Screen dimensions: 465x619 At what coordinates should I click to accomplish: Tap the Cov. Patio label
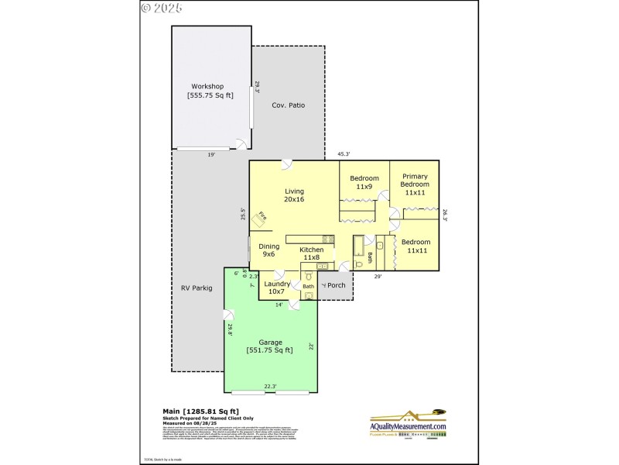288,105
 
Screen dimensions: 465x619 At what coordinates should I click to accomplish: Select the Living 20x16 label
294,195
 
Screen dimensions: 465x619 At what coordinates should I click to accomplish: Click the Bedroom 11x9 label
364,182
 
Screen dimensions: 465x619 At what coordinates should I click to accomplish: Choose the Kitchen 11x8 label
312,253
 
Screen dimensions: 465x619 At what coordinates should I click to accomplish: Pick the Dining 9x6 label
268,250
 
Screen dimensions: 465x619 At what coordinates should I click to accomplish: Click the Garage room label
270,346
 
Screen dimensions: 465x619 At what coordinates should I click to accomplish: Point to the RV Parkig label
197,288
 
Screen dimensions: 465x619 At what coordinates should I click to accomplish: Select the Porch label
335,285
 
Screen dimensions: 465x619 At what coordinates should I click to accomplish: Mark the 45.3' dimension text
345,154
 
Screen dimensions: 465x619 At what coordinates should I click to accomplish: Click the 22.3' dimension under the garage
270,387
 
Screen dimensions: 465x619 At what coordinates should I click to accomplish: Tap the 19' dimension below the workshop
210,155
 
